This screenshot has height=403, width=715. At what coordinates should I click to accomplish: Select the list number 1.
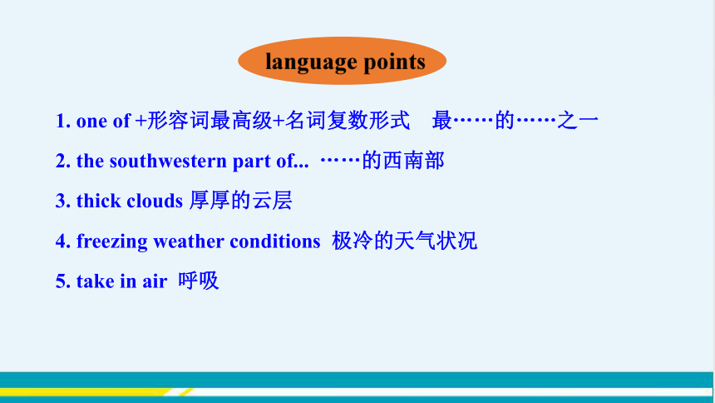pos(63,121)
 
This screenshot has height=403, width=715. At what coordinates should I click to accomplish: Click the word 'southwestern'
pos(168,161)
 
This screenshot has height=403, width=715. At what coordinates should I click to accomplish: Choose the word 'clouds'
pos(155,201)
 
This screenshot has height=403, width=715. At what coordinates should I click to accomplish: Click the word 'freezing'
pos(111,241)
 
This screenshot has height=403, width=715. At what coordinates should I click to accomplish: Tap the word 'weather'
pos(189,241)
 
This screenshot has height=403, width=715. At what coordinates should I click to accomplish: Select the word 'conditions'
pos(275,241)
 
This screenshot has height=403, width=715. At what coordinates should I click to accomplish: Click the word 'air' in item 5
pos(155,281)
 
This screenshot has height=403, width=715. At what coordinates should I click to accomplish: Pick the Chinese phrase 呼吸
pos(199,281)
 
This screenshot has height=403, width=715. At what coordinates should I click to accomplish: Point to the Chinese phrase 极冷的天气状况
pos(404,241)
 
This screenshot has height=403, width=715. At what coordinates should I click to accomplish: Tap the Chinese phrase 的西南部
pos(403,161)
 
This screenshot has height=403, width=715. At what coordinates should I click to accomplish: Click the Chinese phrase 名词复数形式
pos(348,120)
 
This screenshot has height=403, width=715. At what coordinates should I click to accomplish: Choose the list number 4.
pos(63,241)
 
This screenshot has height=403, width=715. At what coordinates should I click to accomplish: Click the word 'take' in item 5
pos(95,281)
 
